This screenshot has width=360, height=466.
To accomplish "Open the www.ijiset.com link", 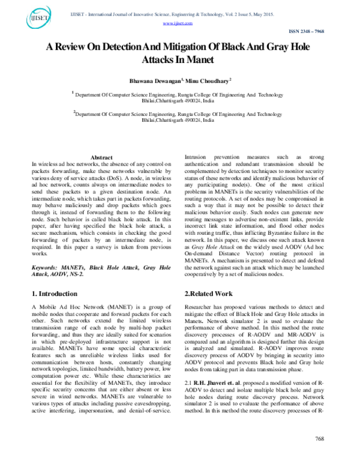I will pos(178,23).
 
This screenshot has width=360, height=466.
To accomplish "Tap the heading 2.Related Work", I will pos(208,294).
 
